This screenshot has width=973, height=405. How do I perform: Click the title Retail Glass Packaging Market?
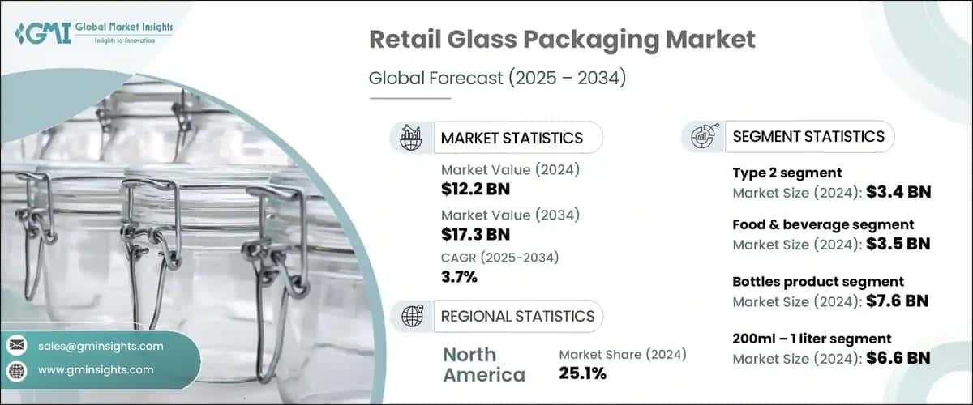pos(562,39)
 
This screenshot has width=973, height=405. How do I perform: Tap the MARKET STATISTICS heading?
pos(511,138)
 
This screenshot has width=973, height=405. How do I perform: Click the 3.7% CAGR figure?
pos(459,278)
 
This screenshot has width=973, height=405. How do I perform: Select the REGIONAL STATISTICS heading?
pos(517,316)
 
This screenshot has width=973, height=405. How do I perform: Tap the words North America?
pos(483,364)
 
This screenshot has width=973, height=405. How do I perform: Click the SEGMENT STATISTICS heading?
pos(808,136)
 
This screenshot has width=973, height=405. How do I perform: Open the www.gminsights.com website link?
pos(95,369)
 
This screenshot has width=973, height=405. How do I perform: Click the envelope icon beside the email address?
pos(16,346)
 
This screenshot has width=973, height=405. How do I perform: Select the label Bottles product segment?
pos(818,282)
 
